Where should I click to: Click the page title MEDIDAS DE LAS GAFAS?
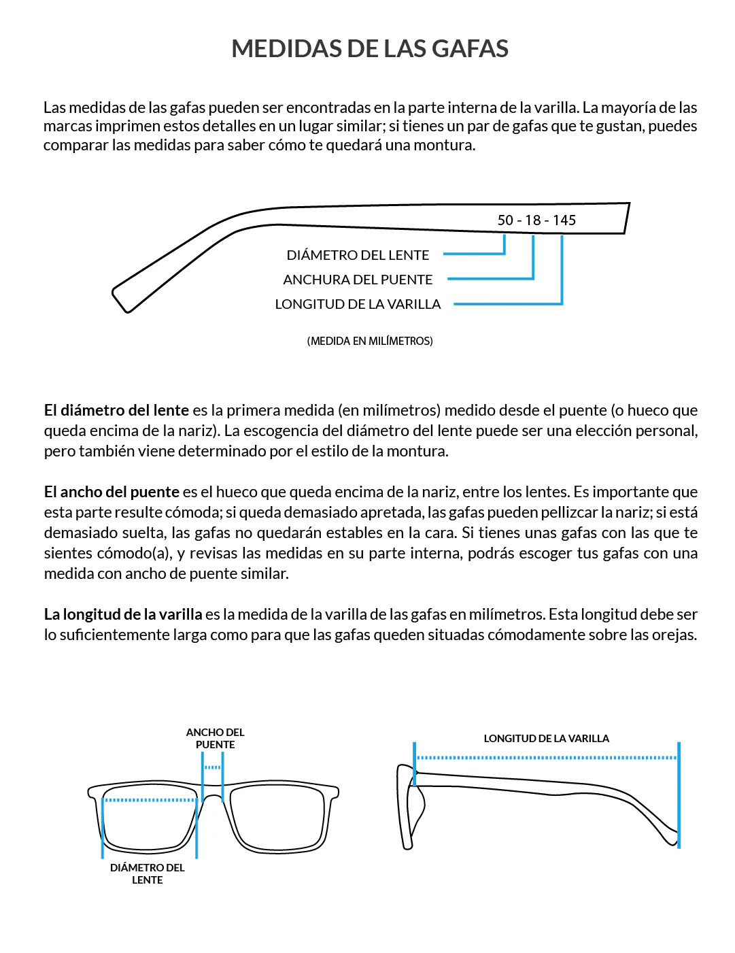tap(370, 49)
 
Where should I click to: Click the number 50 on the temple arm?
tap(505, 220)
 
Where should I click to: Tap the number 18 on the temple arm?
tap(533, 220)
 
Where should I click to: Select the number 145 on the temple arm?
tap(564, 220)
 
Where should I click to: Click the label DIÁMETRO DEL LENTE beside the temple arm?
tap(358, 255)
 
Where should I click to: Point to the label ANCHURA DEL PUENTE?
tap(358, 280)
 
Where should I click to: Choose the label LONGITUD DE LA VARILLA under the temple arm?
tap(358, 304)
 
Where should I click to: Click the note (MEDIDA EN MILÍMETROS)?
tap(370, 341)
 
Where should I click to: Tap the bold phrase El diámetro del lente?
tap(116, 410)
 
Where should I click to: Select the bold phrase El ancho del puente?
tap(112, 492)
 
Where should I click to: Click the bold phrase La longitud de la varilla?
tap(123, 614)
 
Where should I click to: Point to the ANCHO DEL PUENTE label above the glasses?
tap(215, 738)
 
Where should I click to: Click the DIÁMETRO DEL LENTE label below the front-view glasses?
tap(148, 873)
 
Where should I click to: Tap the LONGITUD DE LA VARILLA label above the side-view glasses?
tap(546, 738)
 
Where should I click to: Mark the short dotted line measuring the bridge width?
tap(213, 767)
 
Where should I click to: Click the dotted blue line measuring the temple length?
tap(546, 757)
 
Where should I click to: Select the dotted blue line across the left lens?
tap(150, 800)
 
